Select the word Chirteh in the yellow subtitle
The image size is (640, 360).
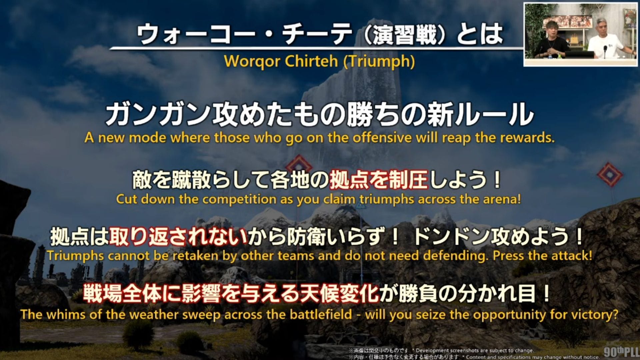tap(311, 61)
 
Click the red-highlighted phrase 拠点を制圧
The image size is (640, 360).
tap(379, 180)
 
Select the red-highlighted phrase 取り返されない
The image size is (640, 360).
tap(179, 237)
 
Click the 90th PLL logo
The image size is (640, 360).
tap(621, 352)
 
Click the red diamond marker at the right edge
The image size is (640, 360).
tap(610, 174)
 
